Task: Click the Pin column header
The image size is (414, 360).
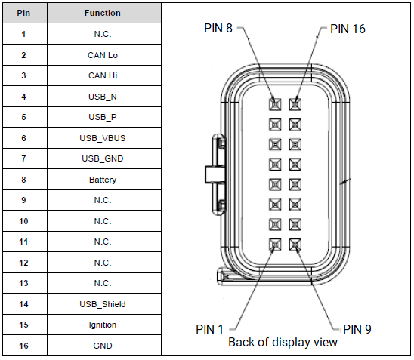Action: tap(23, 13)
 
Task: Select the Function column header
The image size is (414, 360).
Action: tap(103, 13)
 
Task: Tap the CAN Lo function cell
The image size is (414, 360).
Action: tap(103, 55)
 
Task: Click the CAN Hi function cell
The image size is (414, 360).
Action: tap(103, 75)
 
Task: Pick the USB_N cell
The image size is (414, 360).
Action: tap(103, 97)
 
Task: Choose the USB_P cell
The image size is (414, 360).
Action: tap(103, 117)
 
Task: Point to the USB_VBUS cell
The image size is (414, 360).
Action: tap(103, 138)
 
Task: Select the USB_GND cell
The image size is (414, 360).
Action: tap(103, 158)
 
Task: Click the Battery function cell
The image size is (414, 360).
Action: tap(103, 180)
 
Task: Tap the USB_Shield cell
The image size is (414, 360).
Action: tap(103, 304)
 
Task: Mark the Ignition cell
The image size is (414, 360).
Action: tap(103, 325)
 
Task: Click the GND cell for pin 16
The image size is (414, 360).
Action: tap(103, 346)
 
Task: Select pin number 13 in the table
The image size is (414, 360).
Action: tap(23, 283)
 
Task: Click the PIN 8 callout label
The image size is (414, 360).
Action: tap(219, 28)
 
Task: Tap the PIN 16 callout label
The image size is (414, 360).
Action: tap(348, 29)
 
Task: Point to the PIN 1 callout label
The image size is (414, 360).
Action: tap(211, 329)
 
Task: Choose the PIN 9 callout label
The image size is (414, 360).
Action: tap(357, 329)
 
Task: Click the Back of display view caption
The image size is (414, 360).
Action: tap(283, 343)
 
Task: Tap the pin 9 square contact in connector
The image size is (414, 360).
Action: tap(294, 245)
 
